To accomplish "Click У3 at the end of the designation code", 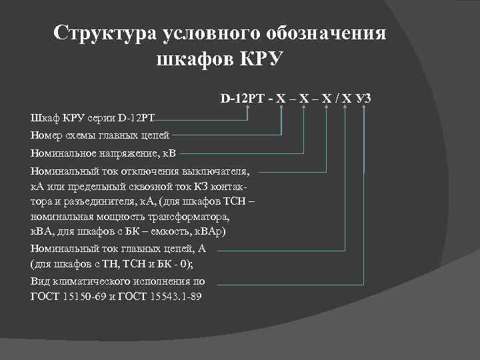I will point(363,99).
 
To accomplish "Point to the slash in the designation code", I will point(336,99).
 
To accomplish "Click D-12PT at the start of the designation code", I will point(243,99).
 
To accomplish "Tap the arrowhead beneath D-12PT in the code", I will point(247,109).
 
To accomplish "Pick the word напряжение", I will point(123,153).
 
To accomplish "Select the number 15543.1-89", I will point(176,297).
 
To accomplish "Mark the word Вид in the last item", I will point(40,281).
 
